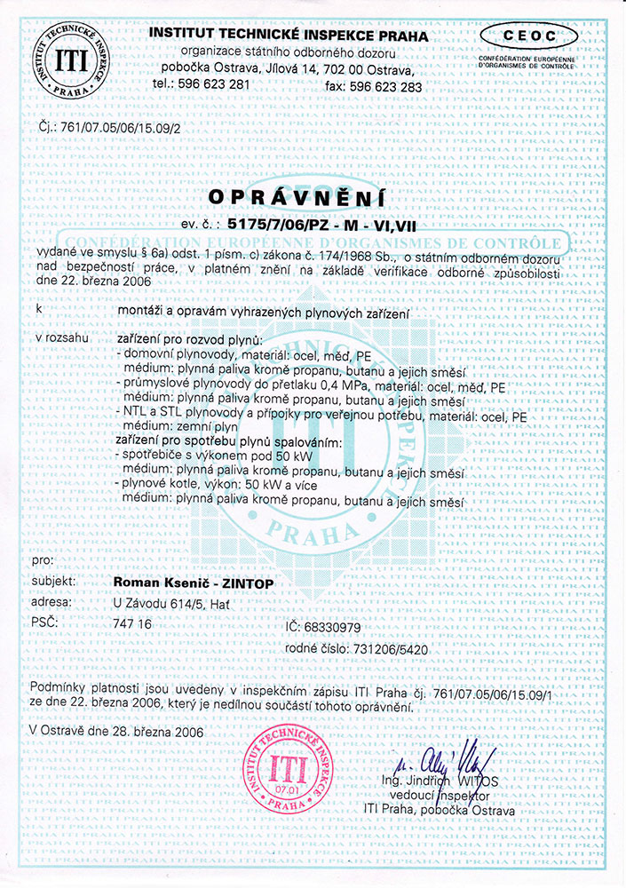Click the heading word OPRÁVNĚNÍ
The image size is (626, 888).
313,194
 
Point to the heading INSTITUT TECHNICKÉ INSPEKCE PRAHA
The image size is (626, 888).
289,36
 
